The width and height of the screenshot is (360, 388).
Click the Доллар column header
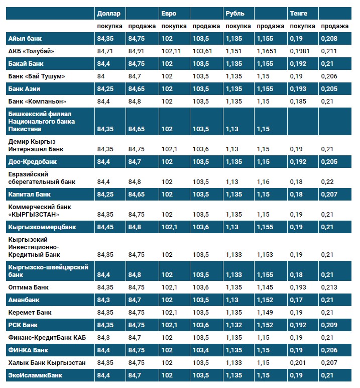tap(109, 14)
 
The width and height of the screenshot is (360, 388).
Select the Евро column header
tap(169, 14)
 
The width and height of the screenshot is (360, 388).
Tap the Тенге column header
tap(298, 14)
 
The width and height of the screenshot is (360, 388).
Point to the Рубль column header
tap(235, 14)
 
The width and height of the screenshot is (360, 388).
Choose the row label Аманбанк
tap(24, 300)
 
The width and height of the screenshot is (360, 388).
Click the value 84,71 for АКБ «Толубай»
tap(106, 51)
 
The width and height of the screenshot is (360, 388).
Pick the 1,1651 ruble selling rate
tap(267, 51)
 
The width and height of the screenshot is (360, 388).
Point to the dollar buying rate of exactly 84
tap(101, 76)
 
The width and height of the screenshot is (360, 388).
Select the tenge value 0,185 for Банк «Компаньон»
tap(298, 101)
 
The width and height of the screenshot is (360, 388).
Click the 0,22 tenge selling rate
tap(327, 181)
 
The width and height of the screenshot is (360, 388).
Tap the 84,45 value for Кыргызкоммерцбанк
tap(106, 227)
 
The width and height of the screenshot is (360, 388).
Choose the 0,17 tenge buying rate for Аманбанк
tap(297, 300)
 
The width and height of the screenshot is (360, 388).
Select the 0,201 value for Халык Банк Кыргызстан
tap(298, 362)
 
